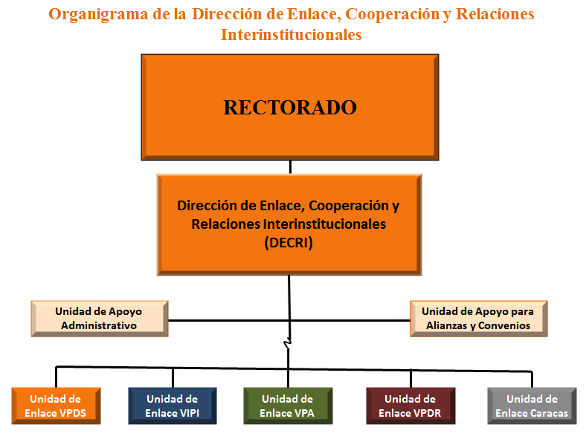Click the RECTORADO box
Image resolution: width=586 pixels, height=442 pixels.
click(290, 108)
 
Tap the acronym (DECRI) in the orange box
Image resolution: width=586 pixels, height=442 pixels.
click(289, 243)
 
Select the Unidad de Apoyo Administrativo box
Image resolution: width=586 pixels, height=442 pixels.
click(100, 319)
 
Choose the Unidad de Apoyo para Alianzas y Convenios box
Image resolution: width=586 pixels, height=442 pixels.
click(479, 319)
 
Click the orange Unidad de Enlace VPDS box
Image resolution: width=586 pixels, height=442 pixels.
click(56, 406)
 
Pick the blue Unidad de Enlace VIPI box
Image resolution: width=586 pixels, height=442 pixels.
click(173, 406)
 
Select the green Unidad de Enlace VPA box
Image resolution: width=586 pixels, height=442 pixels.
click(288, 406)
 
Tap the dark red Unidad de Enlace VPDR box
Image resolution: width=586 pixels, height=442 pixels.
click(410, 406)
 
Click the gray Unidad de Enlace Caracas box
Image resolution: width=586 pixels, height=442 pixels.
click(532, 406)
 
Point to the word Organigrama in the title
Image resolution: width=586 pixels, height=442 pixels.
click(98, 15)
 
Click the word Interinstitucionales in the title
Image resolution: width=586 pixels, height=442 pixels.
click(291, 35)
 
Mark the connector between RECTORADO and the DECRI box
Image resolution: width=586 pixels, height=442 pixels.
click(290, 167)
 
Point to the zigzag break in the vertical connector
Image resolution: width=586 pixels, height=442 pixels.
click(288, 342)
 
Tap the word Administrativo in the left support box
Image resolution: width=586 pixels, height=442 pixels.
click(99, 325)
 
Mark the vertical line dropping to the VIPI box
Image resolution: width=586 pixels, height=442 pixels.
click(173, 378)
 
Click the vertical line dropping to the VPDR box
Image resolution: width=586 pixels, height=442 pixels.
click(410, 379)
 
